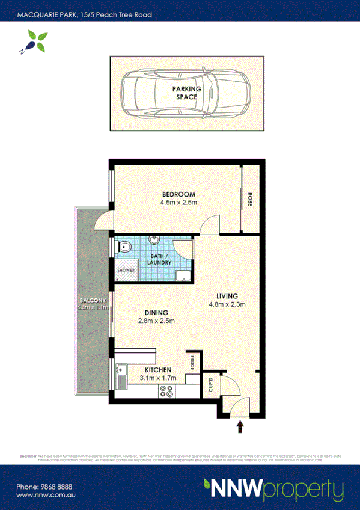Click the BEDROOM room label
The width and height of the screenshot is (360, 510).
[178, 194]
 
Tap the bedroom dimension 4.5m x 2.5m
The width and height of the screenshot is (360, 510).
[178, 203]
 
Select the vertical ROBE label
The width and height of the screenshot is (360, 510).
[250, 199]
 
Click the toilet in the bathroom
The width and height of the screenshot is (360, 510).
[125, 247]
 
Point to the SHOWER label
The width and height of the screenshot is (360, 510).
[126, 270]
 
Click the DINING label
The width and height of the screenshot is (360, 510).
[156, 312]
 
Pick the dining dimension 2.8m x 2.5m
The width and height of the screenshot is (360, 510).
[156, 321]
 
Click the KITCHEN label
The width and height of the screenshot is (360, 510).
[158, 370]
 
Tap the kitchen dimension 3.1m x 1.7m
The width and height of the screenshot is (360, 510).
[158, 378]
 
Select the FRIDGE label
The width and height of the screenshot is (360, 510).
[192, 363]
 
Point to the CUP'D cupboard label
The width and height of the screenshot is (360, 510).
[210, 383]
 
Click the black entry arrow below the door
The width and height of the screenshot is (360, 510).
[240, 427]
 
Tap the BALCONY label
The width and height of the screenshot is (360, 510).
[91, 300]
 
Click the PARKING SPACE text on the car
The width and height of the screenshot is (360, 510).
[186, 93]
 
